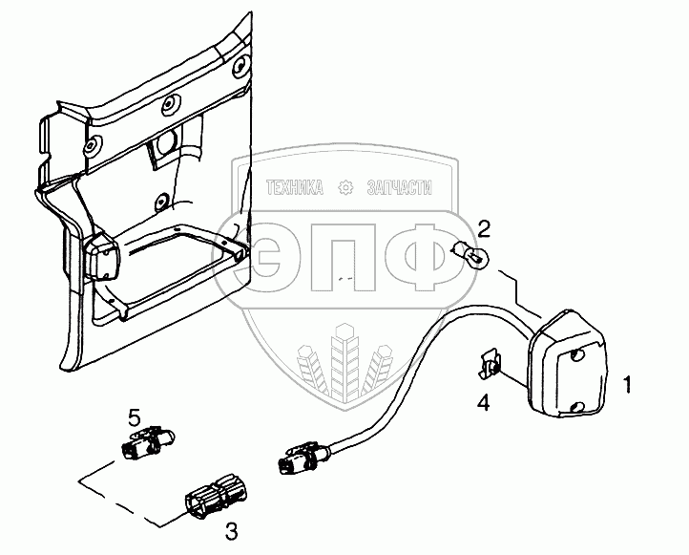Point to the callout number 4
(484, 402)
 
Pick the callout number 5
(136, 416)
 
